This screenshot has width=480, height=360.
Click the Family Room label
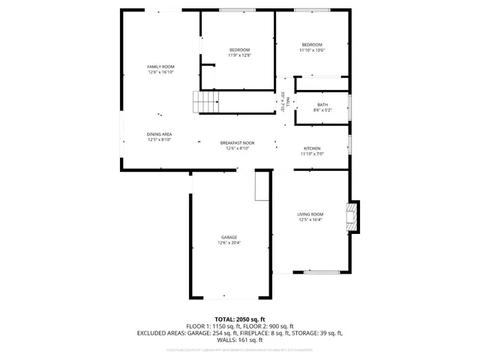pos(160,67)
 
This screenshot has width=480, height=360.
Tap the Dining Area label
pos(159,133)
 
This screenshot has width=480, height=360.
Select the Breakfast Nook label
pos(237,142)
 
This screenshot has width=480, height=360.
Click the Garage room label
pos(229,237)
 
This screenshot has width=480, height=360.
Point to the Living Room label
pos(310,214)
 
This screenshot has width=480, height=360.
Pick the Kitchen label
pos(312,148)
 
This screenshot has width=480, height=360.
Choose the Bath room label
pos(322,105)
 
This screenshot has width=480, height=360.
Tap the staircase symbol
pos(205,101)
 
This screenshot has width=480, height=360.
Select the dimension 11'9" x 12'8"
pos(239,55)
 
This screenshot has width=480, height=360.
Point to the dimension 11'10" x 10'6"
pos(312,50)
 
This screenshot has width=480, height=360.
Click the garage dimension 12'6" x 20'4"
pos(229,243)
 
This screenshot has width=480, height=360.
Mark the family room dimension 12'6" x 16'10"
pos(160,73)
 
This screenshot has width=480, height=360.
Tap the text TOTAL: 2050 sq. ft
pos(239,319)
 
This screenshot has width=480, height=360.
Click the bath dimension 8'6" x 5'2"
pos(322,110)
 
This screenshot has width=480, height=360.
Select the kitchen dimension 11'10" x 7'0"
pos(312,154)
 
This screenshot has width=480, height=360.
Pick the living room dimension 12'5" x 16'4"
pos(310,220)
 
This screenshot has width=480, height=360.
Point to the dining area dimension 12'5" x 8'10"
pos(159,139)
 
